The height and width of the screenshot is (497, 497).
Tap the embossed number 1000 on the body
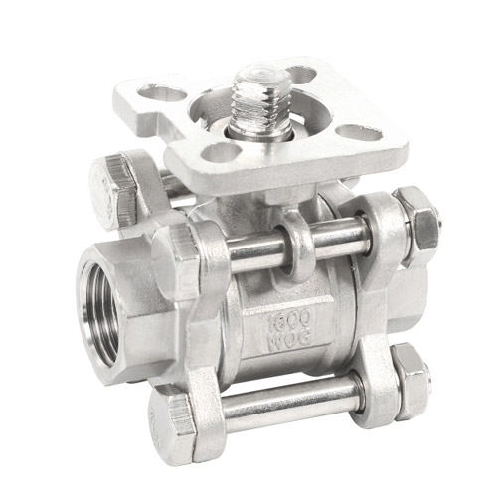click(x=289, y=318)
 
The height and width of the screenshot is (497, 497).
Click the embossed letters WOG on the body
click(x=289, y=338)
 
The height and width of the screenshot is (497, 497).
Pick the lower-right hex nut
click(x=411, y=382)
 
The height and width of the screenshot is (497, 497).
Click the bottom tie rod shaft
click(x=291, y=402)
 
